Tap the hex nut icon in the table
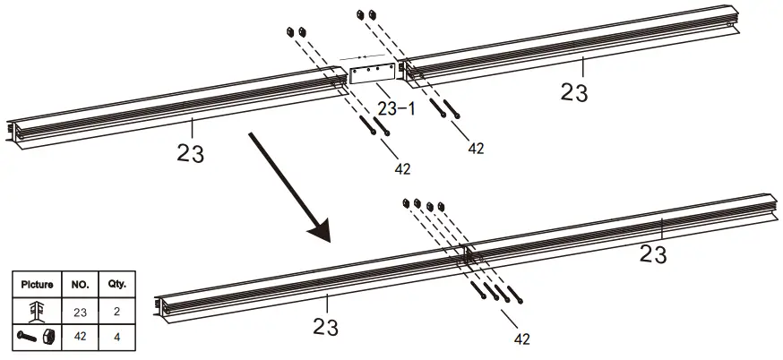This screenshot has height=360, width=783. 49,335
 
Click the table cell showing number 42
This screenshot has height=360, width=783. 81,336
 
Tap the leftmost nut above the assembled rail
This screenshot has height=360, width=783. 407,203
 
